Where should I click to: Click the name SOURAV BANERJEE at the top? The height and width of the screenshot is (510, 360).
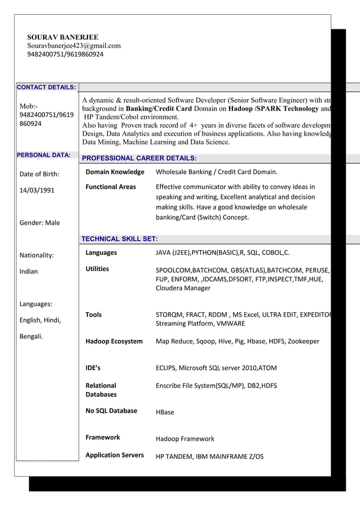pos(63,37)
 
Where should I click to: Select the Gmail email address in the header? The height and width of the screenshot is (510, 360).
pos(73,46)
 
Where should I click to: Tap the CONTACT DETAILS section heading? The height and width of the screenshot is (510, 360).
pos(46,88)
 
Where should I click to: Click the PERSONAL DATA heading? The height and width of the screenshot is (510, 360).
pos(43,155)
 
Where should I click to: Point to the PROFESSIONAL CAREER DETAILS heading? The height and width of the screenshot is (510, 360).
pos(139,158)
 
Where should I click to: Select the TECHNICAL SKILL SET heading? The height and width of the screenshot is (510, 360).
pos(120,239)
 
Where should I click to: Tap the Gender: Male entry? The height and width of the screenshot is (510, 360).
pos(39,223)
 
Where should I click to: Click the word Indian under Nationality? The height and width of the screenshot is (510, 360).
pos(29,271)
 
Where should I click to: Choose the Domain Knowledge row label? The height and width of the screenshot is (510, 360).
pos(115,172)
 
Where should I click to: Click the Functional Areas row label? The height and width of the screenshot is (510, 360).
pos(111,186)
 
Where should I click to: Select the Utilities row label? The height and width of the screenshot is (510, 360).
pos(97,269)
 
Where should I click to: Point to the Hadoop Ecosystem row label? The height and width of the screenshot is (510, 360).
pos(114,341)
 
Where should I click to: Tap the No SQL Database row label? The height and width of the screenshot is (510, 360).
pos(111,411)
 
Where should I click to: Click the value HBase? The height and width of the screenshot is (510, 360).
pos(165,412)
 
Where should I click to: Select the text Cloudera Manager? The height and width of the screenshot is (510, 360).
pos(183,288)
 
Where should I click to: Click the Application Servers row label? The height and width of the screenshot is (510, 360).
pos(115,455)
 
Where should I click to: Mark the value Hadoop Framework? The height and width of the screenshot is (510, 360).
pos(185,439)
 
